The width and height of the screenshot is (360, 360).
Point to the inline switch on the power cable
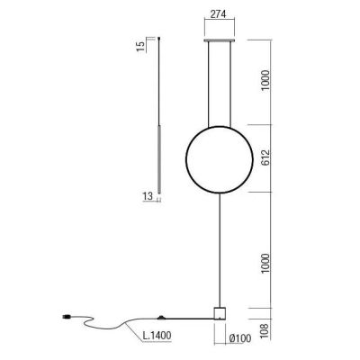(163, 316)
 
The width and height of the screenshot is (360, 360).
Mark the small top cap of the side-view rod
(160, 39)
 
